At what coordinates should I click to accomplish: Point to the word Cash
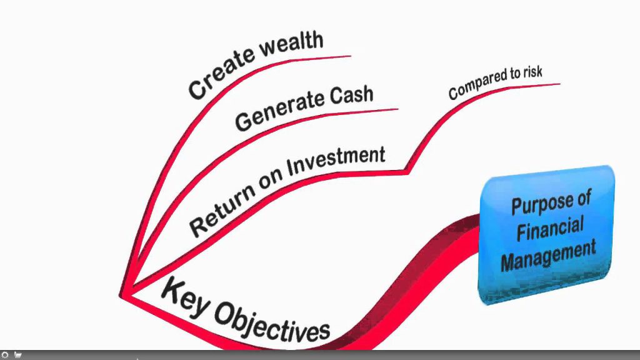tap(349, 96)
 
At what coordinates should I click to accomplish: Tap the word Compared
tap(474, 86)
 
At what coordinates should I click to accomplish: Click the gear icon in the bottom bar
tap(5, 355)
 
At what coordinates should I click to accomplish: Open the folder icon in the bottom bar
tap(17, 355)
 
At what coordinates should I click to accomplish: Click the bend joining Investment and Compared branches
tap(407, 170)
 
